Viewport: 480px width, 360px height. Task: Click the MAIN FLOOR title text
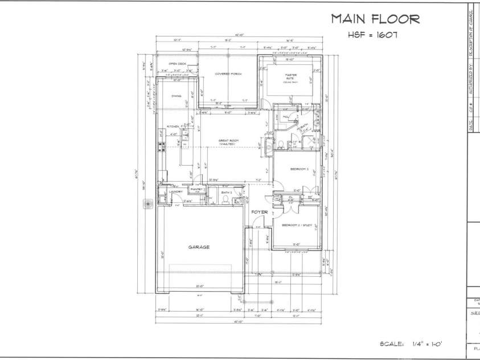(x=375, y=19)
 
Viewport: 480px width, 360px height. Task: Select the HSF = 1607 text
(x=372, y=35)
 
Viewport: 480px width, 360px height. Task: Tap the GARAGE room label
(x=199, y=247)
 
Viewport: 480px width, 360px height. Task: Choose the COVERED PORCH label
(x=228, y=74)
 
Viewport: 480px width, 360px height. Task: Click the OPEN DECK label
(x=178, y=64)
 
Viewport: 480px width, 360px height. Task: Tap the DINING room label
(x=177, y=96)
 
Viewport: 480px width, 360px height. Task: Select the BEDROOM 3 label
(x=299, y=169)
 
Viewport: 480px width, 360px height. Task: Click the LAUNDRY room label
(x=176, y=191)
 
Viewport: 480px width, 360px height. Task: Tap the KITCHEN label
(x=173, y=126)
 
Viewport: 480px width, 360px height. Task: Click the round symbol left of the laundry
(x=149, y=202)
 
